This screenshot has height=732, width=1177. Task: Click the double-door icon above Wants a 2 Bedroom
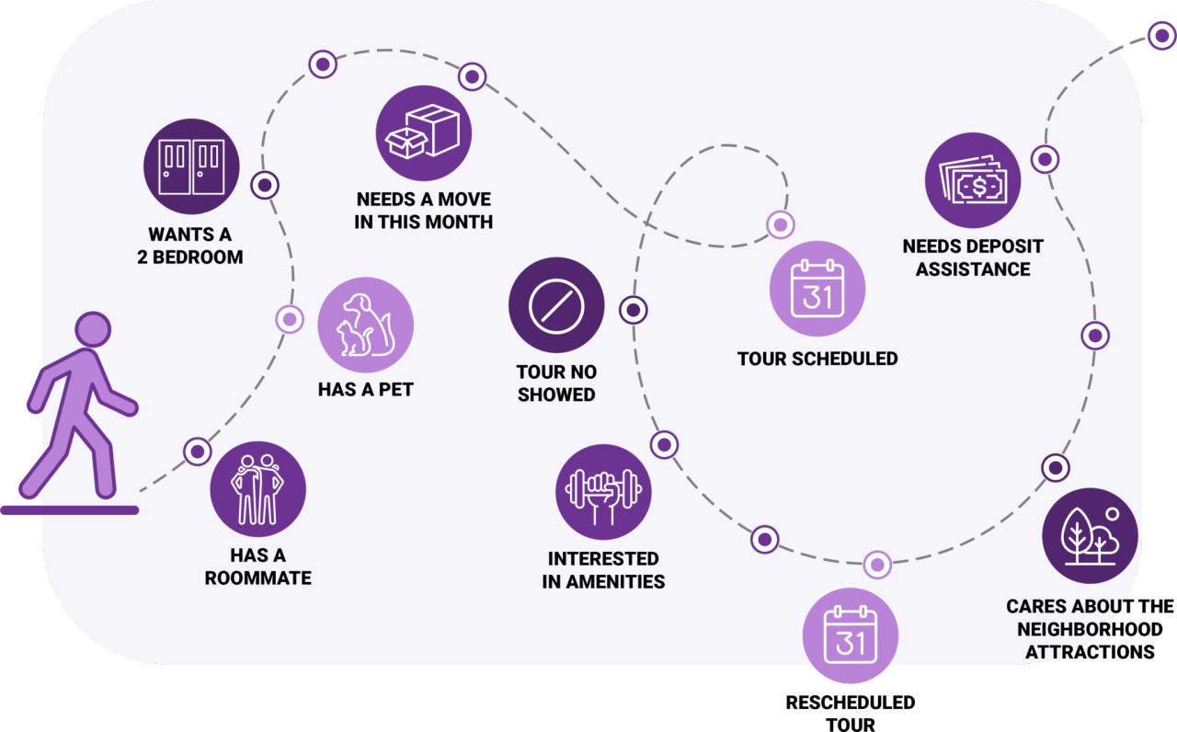[191, 166]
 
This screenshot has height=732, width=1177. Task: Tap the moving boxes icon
[424, 133]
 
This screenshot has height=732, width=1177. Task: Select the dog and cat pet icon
[365, 325]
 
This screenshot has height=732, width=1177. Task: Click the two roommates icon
[257, 489]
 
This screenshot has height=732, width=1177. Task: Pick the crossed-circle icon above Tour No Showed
[556, 305]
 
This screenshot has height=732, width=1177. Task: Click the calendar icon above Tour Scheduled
[817, 288]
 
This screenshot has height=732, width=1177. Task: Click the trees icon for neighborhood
[1090, 535]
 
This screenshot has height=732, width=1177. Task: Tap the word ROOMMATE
[257, 578]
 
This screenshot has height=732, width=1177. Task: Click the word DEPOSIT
[999, 246]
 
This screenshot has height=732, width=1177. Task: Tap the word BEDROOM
[200, 257]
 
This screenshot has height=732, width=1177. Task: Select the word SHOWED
[556, 395]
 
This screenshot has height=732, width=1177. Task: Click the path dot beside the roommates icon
[197, 452]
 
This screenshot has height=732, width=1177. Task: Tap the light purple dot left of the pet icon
[290, 319]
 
